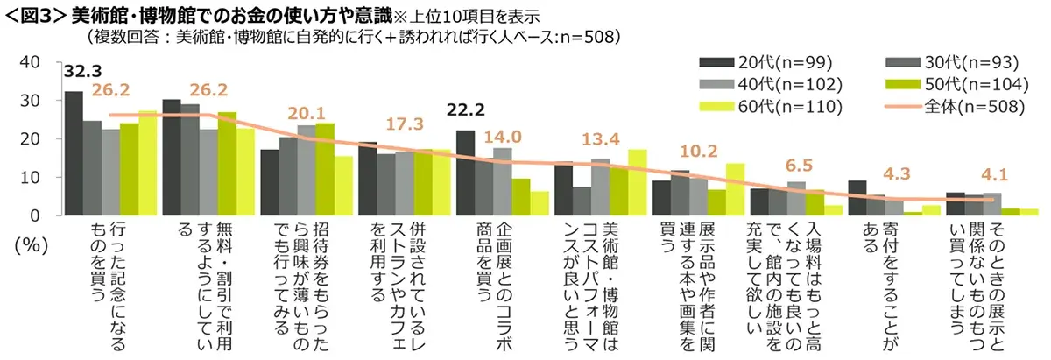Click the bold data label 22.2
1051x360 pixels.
tap(466, 110)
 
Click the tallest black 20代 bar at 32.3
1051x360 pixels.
tap(74, 153)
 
